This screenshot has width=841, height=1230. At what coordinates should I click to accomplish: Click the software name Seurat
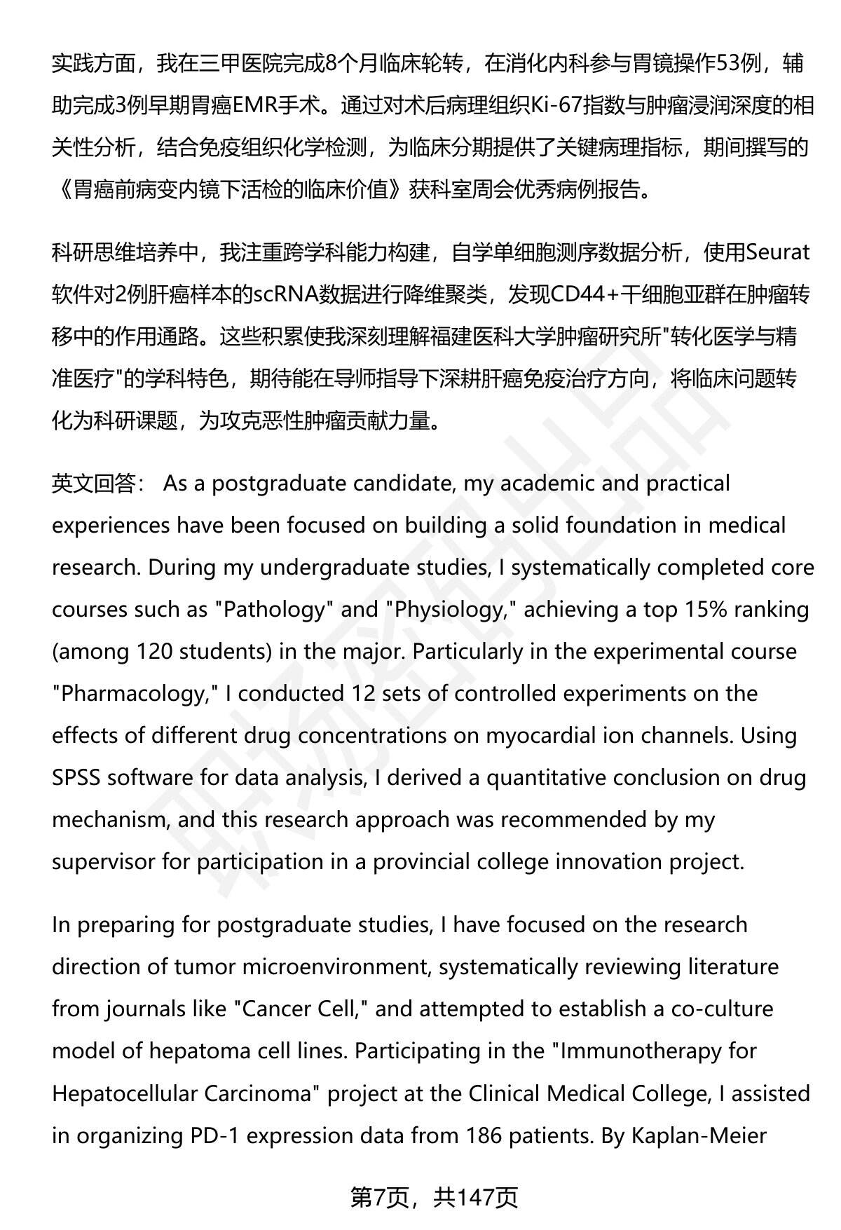(x=778, y=252)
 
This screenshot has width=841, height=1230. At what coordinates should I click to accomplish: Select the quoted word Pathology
(x=274, y=610)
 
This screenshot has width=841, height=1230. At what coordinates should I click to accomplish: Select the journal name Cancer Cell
(x=301, y=1009)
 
